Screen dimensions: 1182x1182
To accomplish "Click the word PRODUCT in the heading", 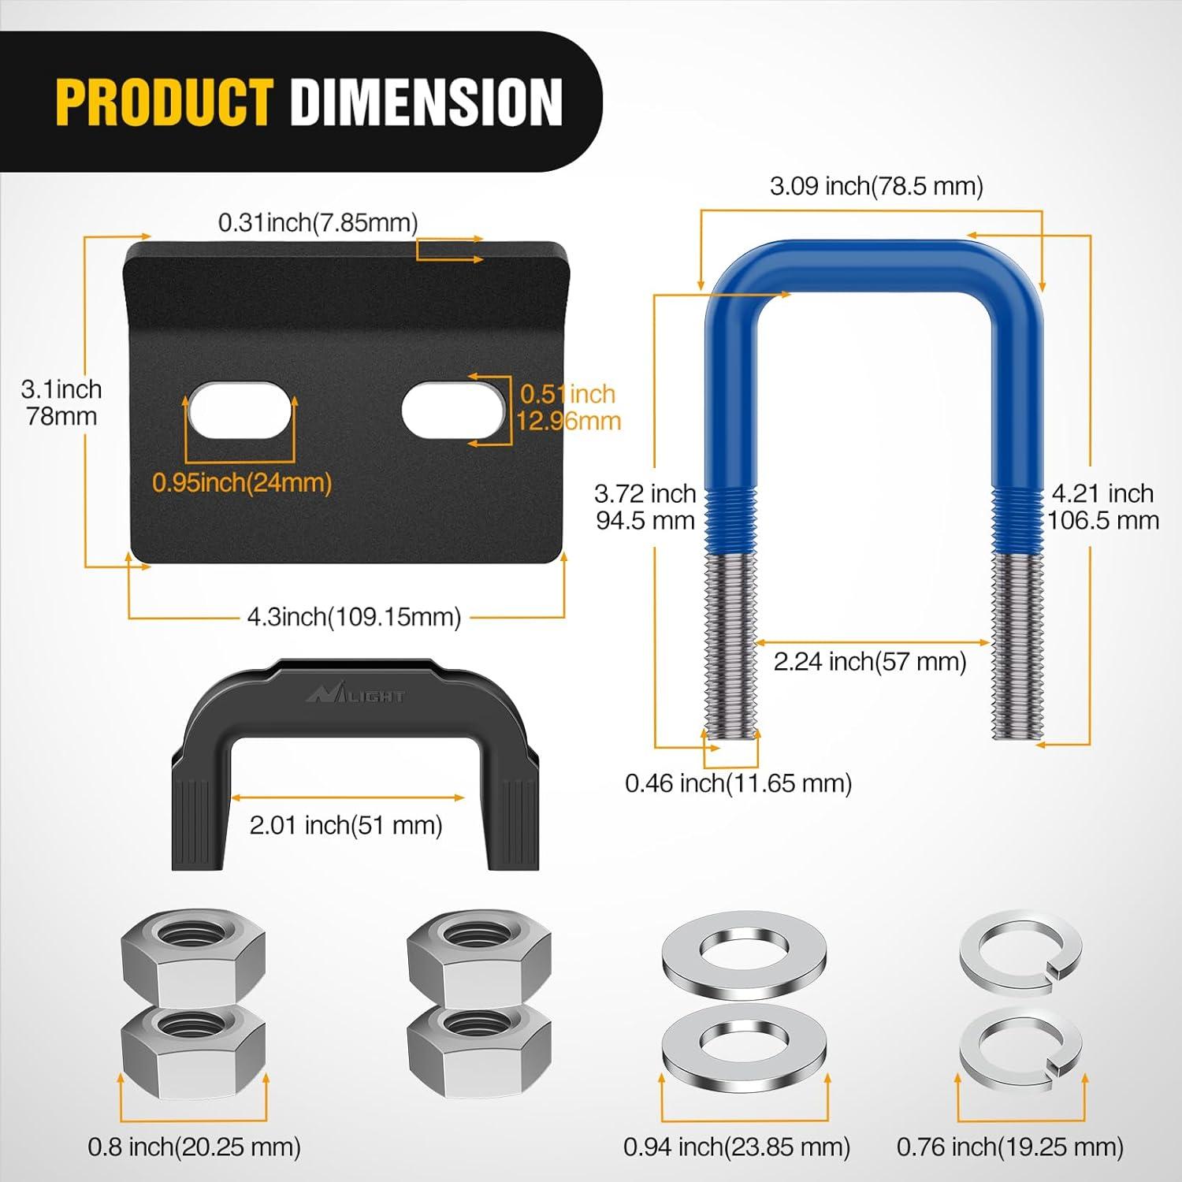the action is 165,102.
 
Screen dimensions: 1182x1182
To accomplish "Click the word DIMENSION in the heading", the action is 426,102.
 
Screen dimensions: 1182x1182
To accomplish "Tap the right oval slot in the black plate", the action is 453,411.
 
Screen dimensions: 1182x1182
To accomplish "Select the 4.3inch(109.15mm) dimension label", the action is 354,617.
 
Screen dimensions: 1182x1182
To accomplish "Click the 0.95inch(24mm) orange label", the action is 242,482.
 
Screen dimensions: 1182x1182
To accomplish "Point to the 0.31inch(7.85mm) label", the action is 318,222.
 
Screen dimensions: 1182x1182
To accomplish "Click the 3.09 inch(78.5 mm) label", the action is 876,186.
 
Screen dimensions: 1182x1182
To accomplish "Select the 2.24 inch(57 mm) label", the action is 870,661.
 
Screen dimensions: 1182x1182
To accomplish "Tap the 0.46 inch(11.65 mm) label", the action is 738,783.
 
